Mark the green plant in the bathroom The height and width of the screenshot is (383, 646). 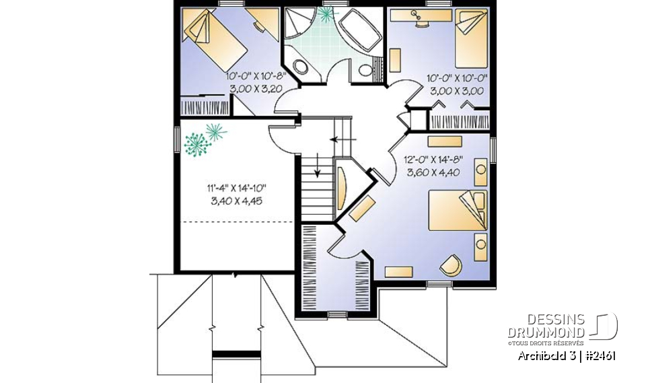point(328,13)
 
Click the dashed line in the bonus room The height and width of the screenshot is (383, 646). point(236,222)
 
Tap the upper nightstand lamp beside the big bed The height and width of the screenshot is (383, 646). point(481,170)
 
